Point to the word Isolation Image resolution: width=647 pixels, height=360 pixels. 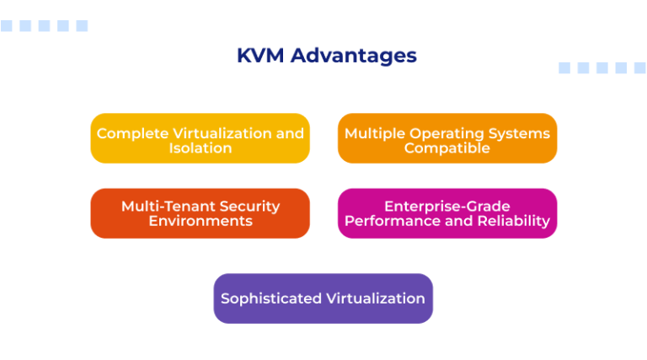point(201,148)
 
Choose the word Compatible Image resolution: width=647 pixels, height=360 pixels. point(447,148)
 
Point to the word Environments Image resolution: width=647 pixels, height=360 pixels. point(201,221)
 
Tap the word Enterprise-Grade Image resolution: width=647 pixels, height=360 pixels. point(447,206)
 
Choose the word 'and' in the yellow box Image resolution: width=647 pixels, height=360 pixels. point(291,133)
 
